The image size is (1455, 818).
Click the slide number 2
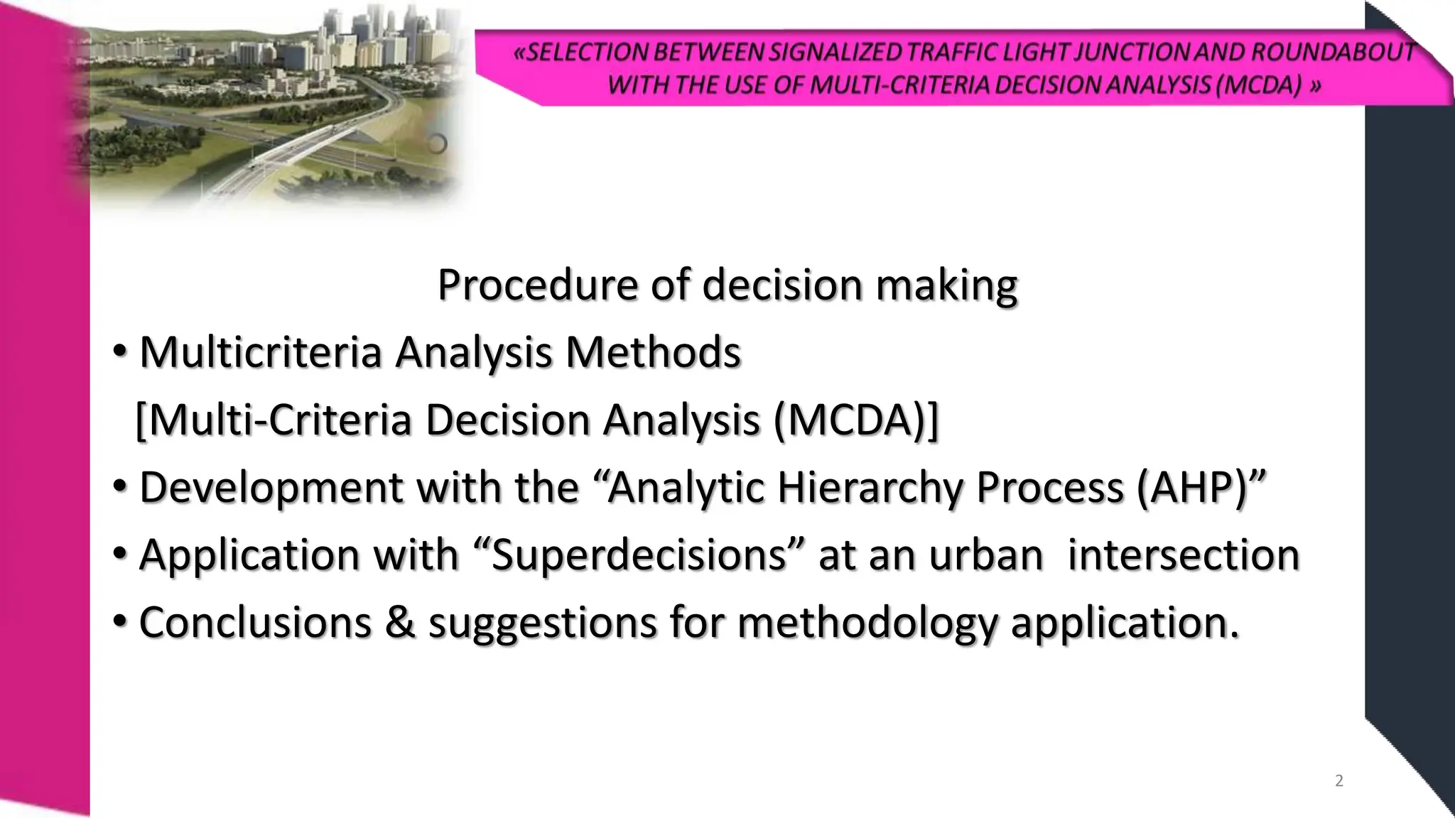coord(1339,781)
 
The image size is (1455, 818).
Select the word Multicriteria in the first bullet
coord(261,352)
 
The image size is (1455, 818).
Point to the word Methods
coord(653,352)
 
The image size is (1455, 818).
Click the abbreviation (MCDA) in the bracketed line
coord(851,420)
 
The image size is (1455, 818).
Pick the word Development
coord(271,488)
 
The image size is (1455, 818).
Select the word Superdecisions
coord(639,555)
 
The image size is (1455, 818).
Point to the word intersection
coord(1184,555)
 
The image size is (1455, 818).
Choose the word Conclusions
coord(255,622)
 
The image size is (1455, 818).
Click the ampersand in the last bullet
coord(400,622)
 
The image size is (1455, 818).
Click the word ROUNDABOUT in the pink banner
coord(1333,52)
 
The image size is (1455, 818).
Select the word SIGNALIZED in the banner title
coord(835,52)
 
